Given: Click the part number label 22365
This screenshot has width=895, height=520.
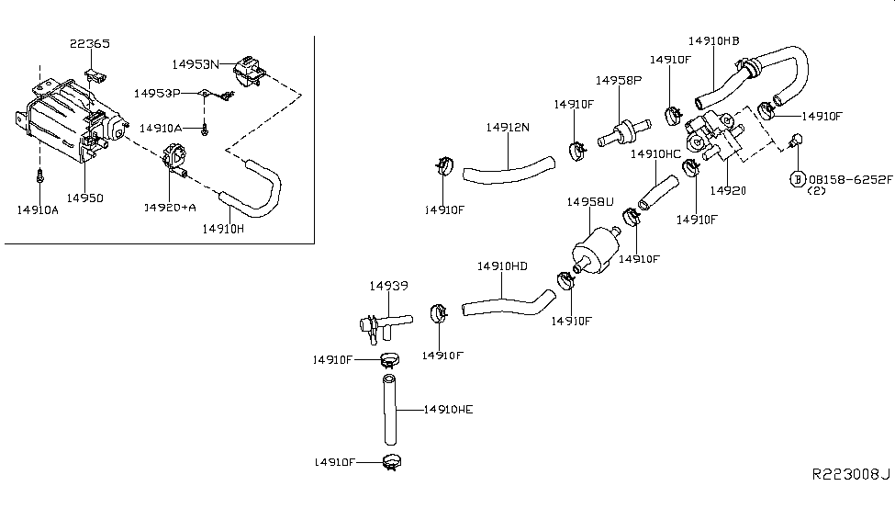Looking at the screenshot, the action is point(90,43).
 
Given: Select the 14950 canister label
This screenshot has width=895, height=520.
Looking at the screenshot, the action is point(85,198).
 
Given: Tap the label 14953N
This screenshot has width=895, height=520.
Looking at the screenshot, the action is point(196,64).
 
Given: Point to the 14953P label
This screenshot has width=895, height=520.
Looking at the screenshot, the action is point(157,93).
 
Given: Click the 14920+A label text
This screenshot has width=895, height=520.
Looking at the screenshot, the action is point(170,207).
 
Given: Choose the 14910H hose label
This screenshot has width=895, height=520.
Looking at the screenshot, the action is point(223,229).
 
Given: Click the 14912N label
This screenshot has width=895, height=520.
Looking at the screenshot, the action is point(508,128).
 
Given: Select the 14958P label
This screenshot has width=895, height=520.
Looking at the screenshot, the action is point(619,81).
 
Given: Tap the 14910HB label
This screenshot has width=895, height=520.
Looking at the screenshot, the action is point(713,41).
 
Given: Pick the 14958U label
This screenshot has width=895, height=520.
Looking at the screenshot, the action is point(590,202).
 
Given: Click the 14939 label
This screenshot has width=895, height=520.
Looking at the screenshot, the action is point(388,286).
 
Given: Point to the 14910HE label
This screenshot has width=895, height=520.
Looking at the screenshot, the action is point(449,410).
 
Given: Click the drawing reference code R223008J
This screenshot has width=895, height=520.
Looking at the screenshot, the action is point(851,474).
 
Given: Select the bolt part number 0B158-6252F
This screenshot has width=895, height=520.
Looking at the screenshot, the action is point(850,179).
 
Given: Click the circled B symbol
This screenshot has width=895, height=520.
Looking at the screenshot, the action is point(798,179).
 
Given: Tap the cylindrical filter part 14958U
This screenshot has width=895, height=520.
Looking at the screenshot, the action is point(597,249).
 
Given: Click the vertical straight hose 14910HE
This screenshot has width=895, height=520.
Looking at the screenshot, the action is point(389,409).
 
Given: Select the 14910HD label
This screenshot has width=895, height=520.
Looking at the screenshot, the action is point(502,266).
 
